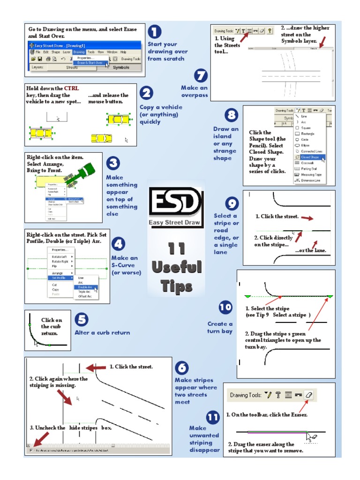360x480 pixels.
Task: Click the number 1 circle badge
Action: point(154,32)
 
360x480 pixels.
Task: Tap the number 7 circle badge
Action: point(201,75)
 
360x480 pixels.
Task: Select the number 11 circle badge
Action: point(212,417)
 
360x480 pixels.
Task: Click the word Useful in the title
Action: point(177,267)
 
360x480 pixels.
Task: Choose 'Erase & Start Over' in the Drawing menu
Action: point(92,62)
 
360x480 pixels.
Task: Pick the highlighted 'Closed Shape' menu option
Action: point(310,157)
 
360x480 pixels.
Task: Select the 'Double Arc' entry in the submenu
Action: point(86,287)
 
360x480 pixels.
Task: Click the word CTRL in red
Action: point(72,88)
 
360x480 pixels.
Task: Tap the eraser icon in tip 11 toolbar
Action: point(308,395)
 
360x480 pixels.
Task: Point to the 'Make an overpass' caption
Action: point(194,91)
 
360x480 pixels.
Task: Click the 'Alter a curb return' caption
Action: point(102,332)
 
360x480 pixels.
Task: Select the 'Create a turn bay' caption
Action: point(220,328)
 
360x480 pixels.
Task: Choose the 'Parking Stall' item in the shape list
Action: point(310,169)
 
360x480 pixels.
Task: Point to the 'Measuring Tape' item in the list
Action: point(311,174)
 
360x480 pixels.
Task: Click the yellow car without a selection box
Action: point(101,138)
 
